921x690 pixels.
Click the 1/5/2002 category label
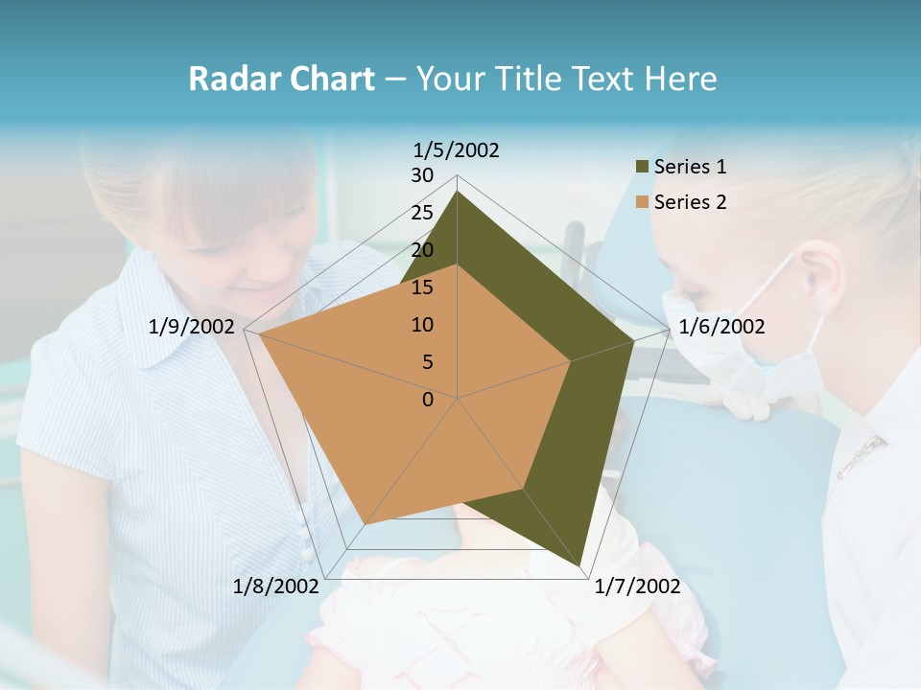point(457,149)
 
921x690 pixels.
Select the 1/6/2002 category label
point(721,327)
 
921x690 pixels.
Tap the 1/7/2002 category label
point(637,586)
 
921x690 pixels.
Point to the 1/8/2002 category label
point(276,586)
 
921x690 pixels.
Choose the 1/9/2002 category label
point(192,327)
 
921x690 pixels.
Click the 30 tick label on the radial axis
point(422,175)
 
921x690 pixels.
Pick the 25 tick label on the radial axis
point(422,213)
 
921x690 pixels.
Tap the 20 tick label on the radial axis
point(422,250)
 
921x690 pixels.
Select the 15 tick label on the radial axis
point(422,287)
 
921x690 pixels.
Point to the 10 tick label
point(422,325)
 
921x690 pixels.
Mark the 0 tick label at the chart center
point(428,400)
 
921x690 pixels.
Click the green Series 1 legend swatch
point(643,168)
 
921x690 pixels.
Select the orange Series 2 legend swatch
point(643,202)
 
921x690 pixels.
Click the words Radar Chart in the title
point(281,80)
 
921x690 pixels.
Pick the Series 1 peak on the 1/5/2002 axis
point(458,192)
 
